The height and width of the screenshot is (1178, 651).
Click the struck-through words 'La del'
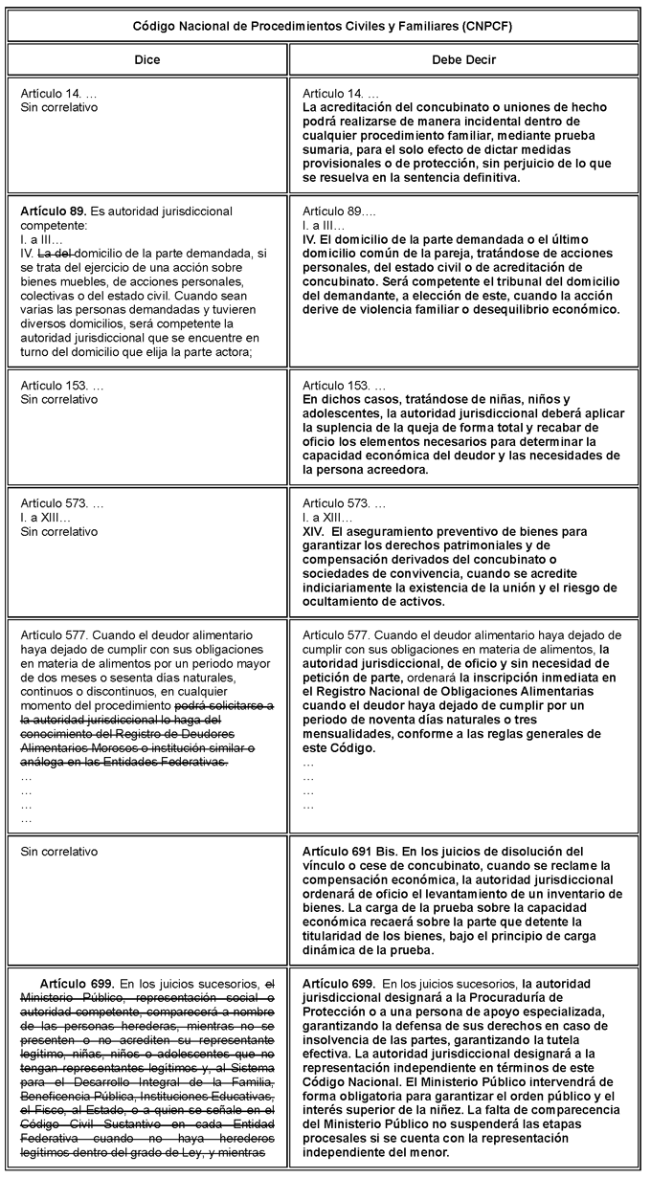[x=55, y=253]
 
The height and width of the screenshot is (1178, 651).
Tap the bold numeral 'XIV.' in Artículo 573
[x=315, y=530]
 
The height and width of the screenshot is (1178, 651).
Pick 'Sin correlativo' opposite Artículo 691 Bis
[x=58, y=851]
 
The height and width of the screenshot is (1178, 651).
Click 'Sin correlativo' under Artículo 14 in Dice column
[x=58, y=107]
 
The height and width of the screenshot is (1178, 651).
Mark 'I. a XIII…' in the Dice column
[x=55, y=516]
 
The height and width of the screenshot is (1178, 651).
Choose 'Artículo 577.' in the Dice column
[x=56, y=634]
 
